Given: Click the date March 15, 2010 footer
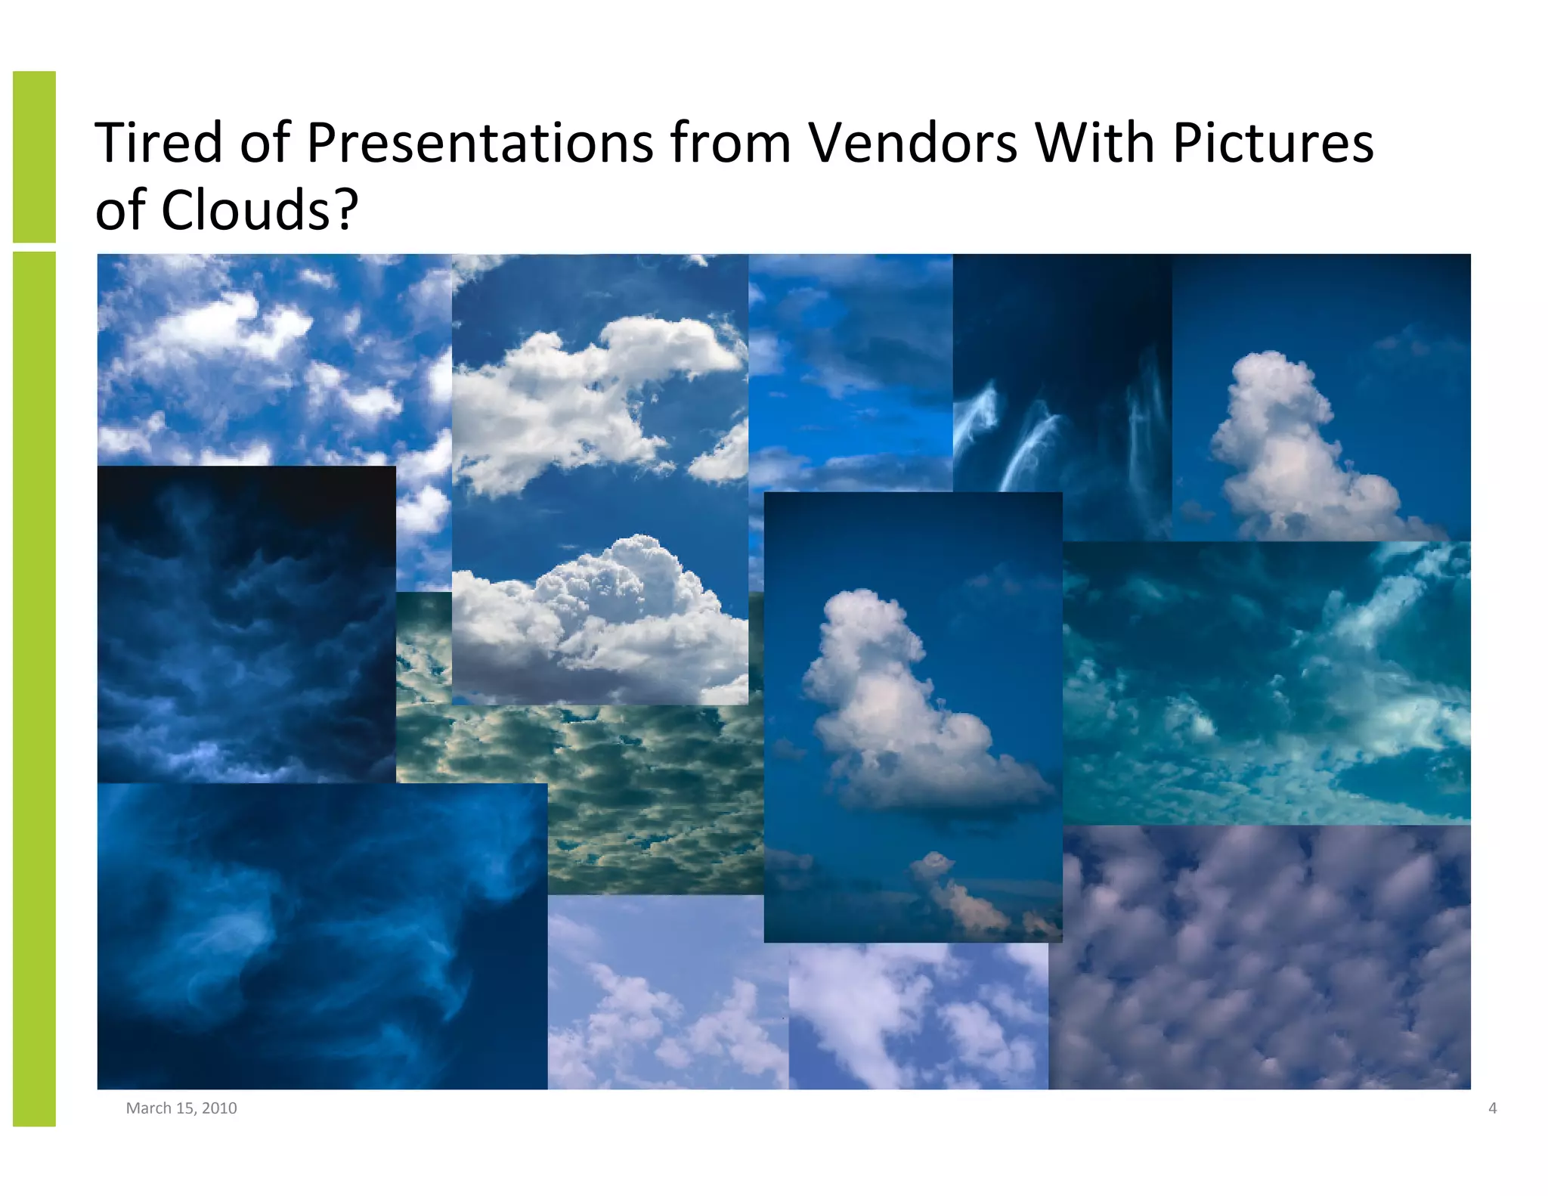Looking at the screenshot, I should click(x=181, y=1108).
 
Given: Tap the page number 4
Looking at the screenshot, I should click(x=1492, y=1108).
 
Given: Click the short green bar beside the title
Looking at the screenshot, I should click(x=34, y=156).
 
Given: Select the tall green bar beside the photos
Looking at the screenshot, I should click(x=34, y=688).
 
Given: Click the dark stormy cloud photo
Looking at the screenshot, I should click(x=246, y=624).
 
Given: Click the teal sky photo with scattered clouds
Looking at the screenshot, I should click(x=1266, y=680).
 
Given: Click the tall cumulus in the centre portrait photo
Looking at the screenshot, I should click(x=892, y=696).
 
